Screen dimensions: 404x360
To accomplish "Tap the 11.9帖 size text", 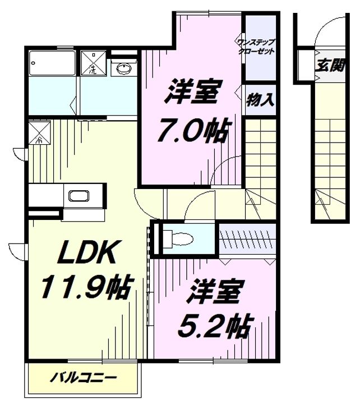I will click(x=85, y=288).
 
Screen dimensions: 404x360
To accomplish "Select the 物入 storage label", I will click(x=260, y=100).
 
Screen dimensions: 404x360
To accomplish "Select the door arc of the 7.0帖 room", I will click(x=230, y=171).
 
